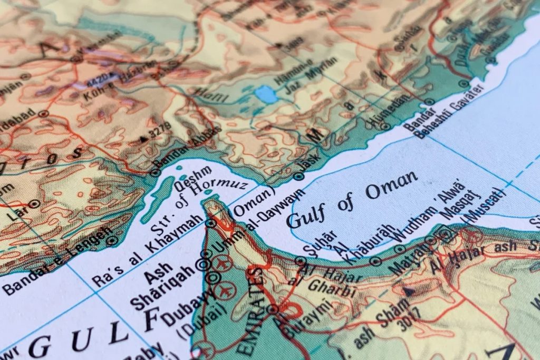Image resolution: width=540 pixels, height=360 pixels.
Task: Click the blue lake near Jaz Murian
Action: (x=265, y=95)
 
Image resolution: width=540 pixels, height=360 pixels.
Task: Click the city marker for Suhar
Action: (x=300, y=260)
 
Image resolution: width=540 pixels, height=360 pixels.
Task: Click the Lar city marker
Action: (x=35, y=203)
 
